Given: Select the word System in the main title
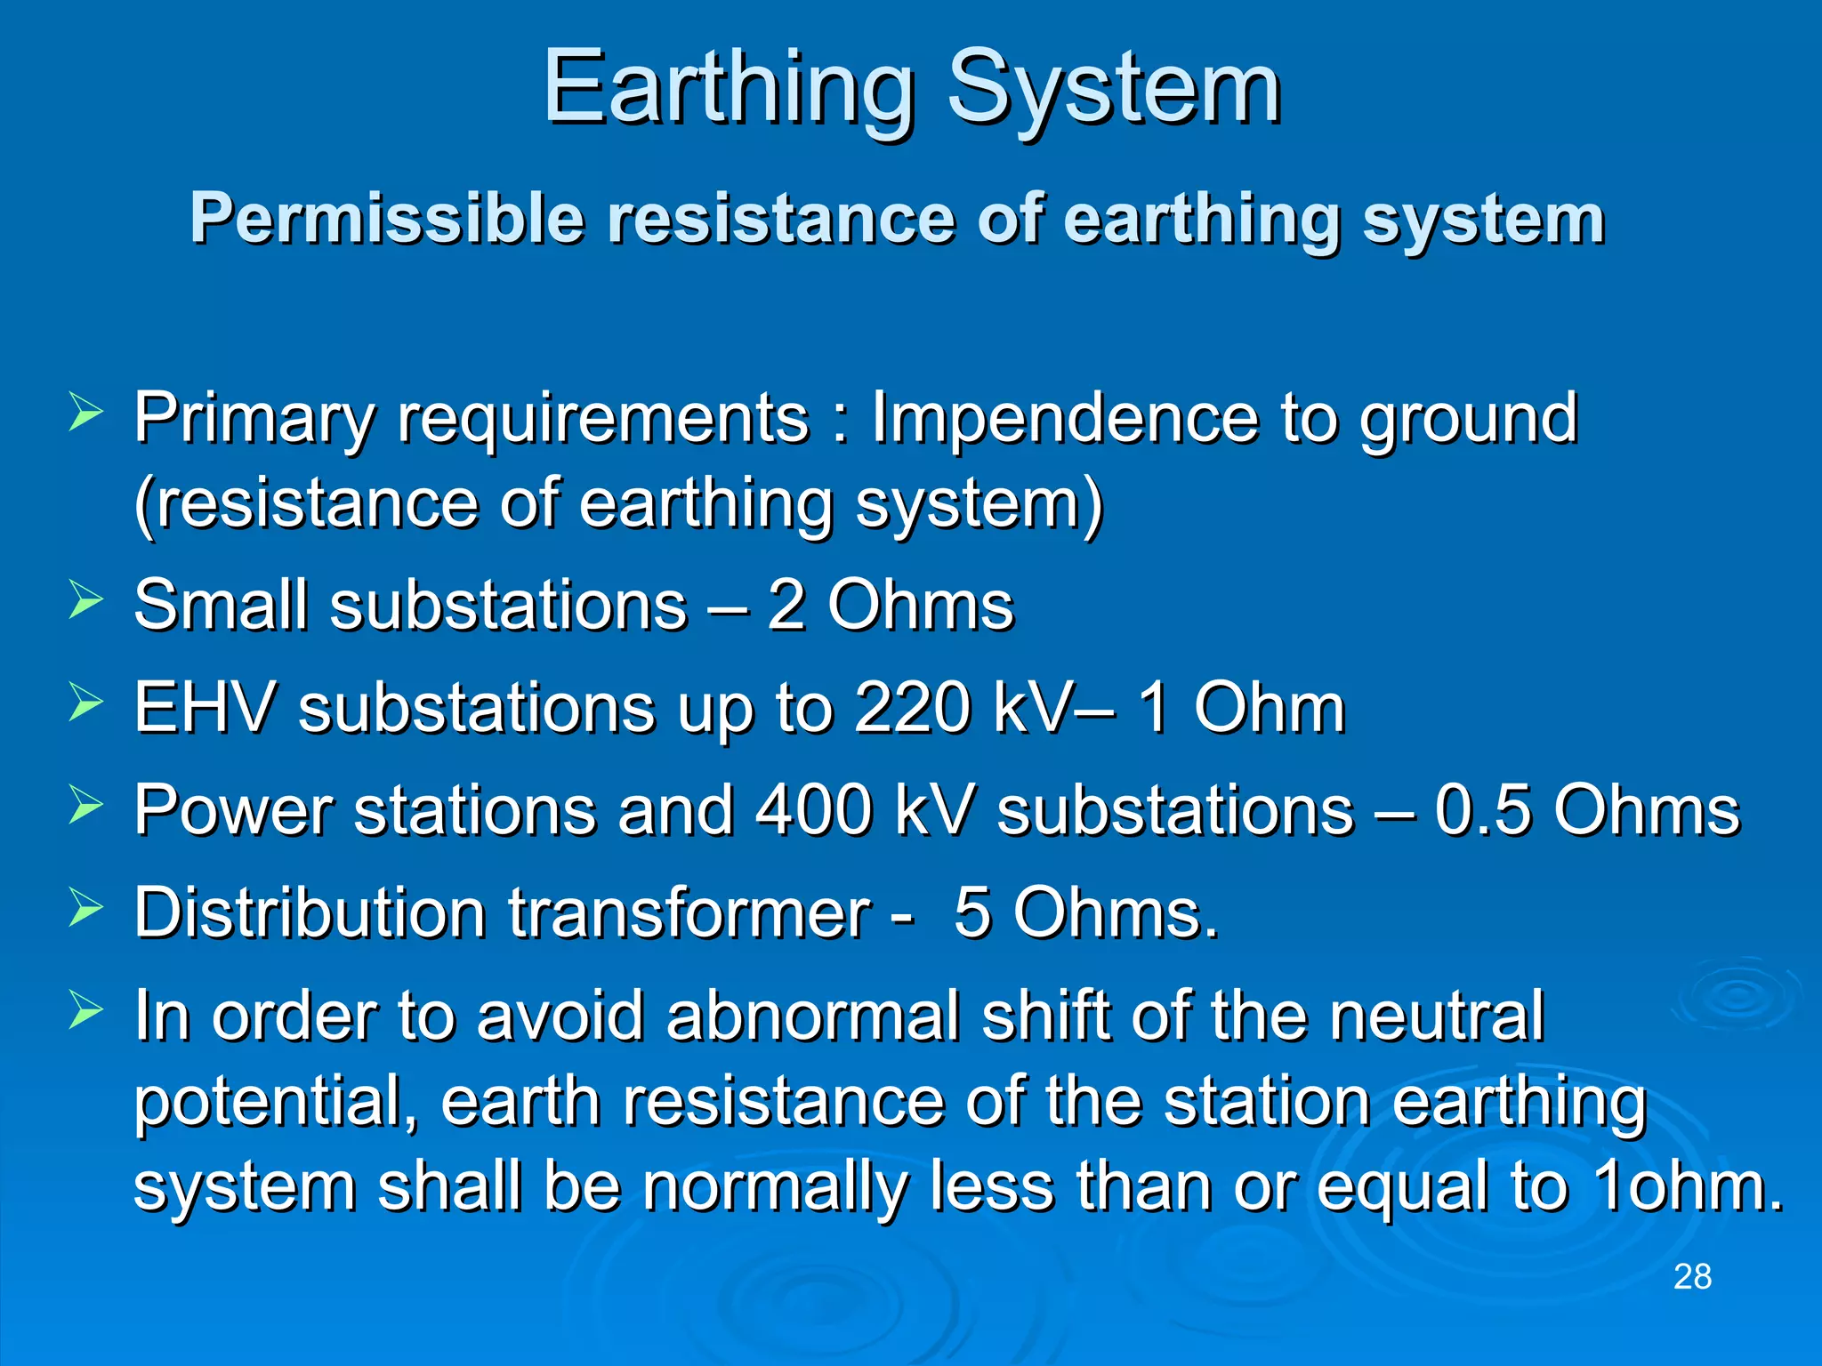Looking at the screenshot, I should click(1114, 89).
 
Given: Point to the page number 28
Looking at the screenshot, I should click(1692, 1277).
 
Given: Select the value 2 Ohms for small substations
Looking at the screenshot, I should click(890, 606).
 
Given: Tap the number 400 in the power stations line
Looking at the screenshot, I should click(813, 810).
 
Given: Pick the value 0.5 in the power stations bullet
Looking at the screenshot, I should click(1481, 810).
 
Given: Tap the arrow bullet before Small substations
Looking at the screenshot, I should click(85, 601).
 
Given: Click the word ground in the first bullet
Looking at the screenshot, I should click(1468, 418).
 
